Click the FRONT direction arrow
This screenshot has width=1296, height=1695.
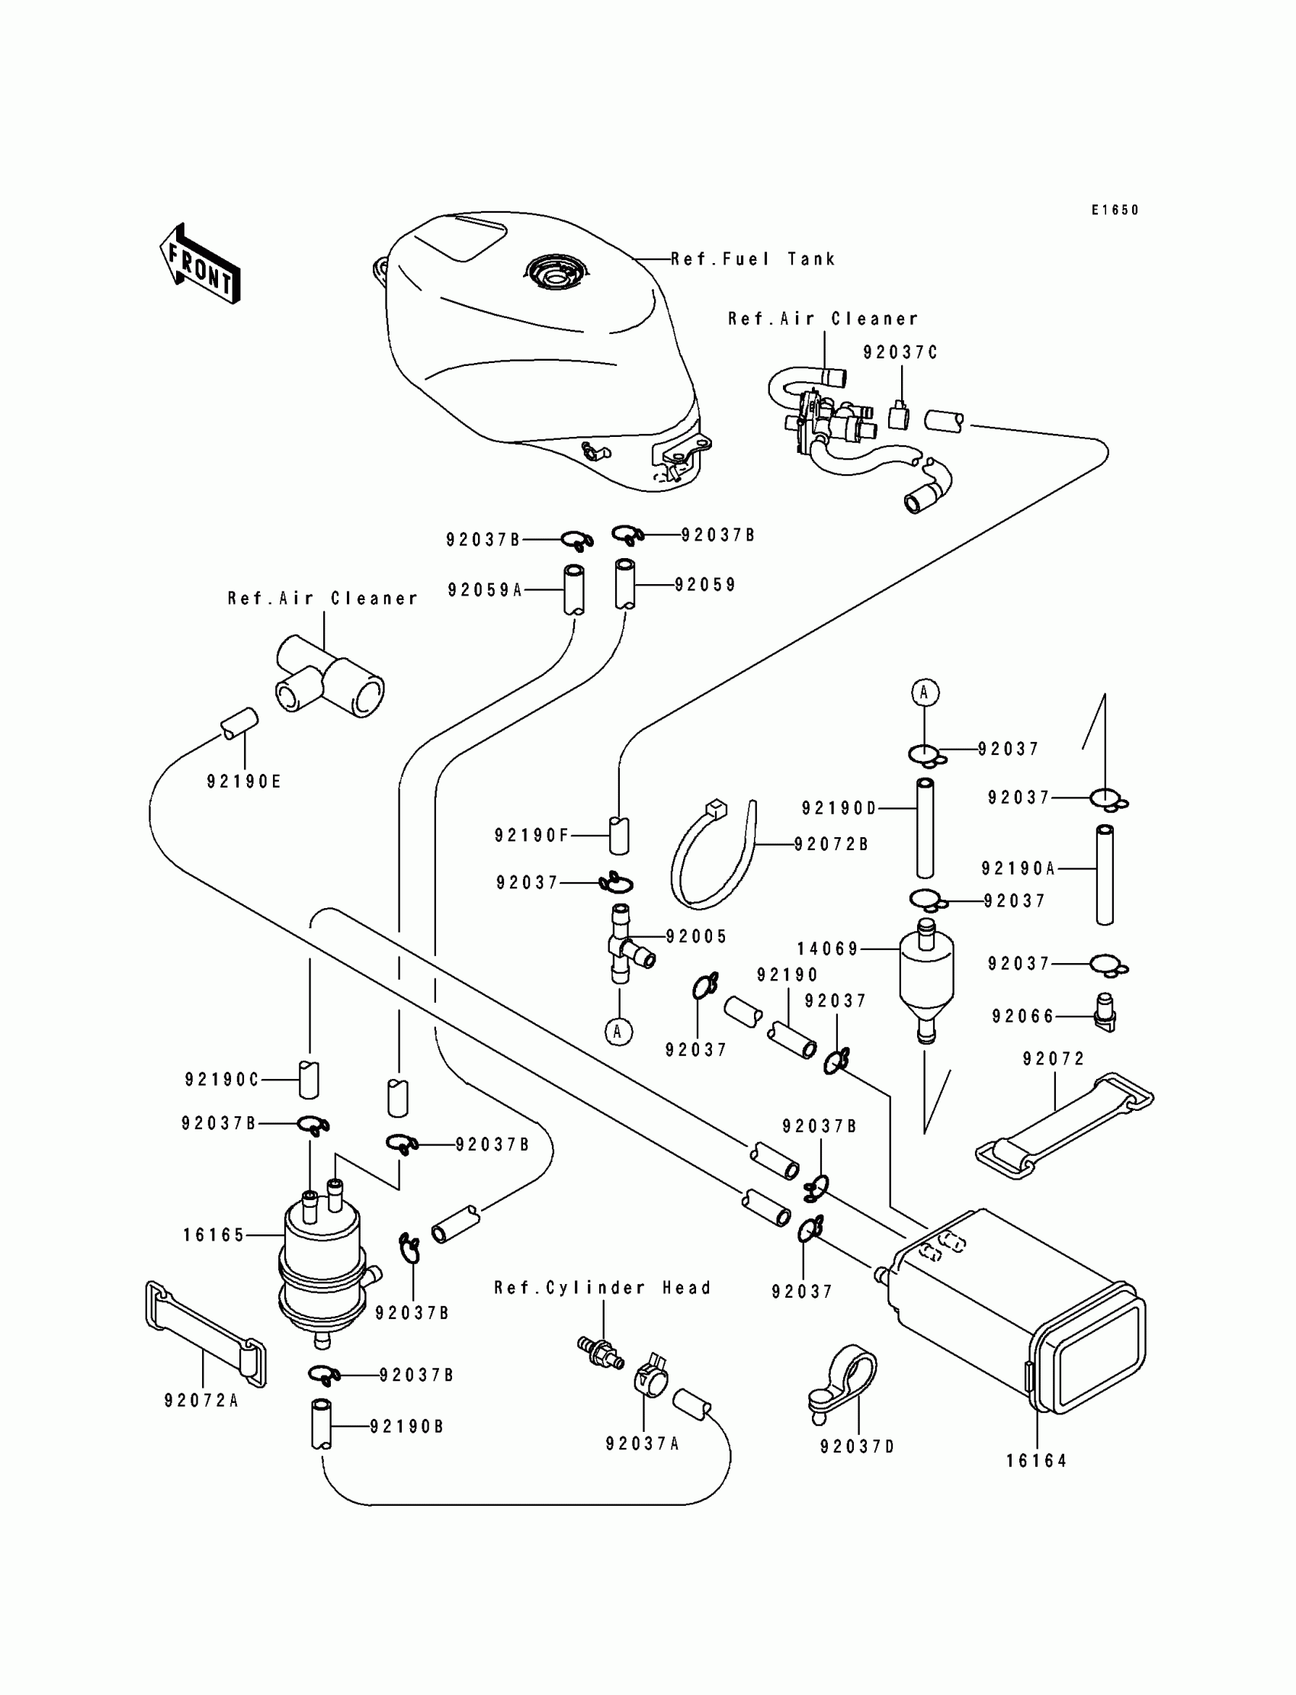(x=200, y=264)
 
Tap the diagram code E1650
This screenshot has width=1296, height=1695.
(x=1115, y=210)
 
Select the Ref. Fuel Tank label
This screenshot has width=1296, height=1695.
(x=753, y=259)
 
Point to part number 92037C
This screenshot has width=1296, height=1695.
(x=900, y=352)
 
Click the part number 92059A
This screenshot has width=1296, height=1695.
(x=485, y=590)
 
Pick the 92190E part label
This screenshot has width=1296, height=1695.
(x=244, y=782)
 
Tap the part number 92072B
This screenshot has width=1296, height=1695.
(x=832, y=844)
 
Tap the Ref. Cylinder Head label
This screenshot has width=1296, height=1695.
(x=602, y=1288)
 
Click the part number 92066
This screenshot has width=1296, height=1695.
(x=1023, y=1017)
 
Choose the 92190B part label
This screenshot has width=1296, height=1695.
(x=406, y=1427)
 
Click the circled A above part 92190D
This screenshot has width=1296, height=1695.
(x=925, y=693)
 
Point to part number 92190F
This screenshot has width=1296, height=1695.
(x=531, y=835)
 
